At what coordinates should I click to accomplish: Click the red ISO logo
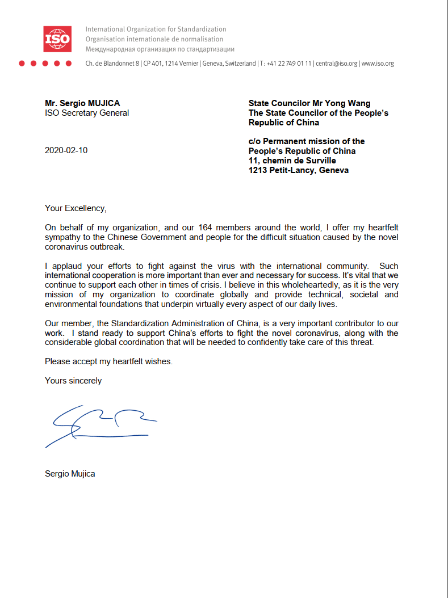[x=57, y=39]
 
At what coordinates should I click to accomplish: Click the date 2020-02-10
[x=66, y=150]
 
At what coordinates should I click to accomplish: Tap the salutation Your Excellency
[x=76, y=208]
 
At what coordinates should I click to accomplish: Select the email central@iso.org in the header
[x=337, y=64]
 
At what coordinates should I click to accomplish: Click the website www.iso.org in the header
[x=378, y=64]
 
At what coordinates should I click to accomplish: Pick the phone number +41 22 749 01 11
[x=289, y=64]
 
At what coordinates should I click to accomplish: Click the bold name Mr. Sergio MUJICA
[x=82, y=103]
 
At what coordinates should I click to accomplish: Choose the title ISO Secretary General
[x=87, y=113]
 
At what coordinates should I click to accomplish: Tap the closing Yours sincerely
[x=73, y=381]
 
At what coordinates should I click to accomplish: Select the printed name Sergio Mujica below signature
[x=70, y=473]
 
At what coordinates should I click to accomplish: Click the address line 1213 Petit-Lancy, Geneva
[x=299, y=170]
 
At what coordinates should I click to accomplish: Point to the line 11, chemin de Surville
[x=292, y=161]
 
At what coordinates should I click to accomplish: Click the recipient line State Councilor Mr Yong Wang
[x=309, y=103]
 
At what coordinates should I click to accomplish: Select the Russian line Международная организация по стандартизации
[x=160, y=49]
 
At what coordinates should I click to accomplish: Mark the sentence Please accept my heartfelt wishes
[x=108, y=361]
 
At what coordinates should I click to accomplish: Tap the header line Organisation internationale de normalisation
[x=154, y=39]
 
